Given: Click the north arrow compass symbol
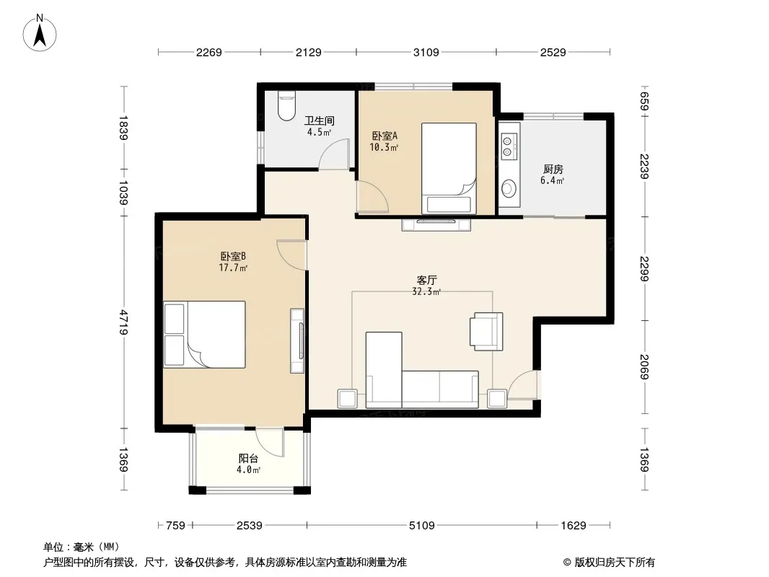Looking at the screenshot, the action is pyautogui.click(x=40, y=33).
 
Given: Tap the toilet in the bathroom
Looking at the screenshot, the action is pyautogui.click(x=286, y=105).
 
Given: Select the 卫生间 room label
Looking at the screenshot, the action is pyautogui.click(x=320, y=120).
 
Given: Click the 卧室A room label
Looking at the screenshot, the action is pyautogui.click(x=384, y=136).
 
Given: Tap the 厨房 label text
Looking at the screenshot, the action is pyautogui.click(x=553, y=169).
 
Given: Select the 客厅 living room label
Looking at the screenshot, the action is pyautogui.click(x=426, y=281).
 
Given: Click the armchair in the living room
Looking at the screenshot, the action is pyautogui.click(x=486, y=331).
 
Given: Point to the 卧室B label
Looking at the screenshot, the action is pyautogui.click(x=233, y=256).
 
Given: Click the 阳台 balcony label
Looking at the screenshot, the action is pyautogui.click(x=248, y=459).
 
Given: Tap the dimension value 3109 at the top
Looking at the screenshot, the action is pyautogui.click(x=426, y=53).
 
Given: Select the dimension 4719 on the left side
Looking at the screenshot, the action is pyautogui.click(x=123, y=322).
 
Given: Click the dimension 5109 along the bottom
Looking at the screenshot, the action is pyautogui.click(x=422, y=526).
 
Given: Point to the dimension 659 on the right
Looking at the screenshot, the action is pyautogui.click(x=644, y=102).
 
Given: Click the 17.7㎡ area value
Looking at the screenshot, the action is pyautogui.click(x=233, y=268).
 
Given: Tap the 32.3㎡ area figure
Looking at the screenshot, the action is pyautogui.click(x=426, y=291).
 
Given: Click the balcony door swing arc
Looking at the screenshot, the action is pyautogui.click(x=269, y=443).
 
